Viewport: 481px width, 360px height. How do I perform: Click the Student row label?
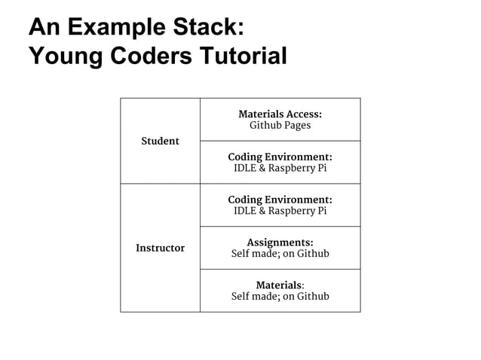[160, 141]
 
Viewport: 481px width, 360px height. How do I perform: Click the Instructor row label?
[160, 248]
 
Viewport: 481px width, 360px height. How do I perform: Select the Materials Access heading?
[280, 114]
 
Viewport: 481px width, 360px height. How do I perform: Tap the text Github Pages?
[280, 126]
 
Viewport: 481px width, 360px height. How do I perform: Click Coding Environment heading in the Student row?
[280, 157]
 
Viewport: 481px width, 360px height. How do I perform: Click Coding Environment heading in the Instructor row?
[280, 200]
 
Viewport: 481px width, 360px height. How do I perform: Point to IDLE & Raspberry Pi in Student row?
[280, 169]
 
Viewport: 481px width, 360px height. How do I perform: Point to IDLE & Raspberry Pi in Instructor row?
[280, 212]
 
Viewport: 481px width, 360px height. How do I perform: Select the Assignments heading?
[280, 243]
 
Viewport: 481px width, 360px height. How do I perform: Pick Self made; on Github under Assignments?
[280, 254]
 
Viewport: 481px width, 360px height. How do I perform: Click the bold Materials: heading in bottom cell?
[280, 285]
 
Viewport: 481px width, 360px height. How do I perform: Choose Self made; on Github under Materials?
[280, 297]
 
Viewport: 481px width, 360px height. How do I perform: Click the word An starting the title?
[42, 27]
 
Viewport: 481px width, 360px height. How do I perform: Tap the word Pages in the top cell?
[297, 126]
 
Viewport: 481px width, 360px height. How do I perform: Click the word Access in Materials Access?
[303, 114]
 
